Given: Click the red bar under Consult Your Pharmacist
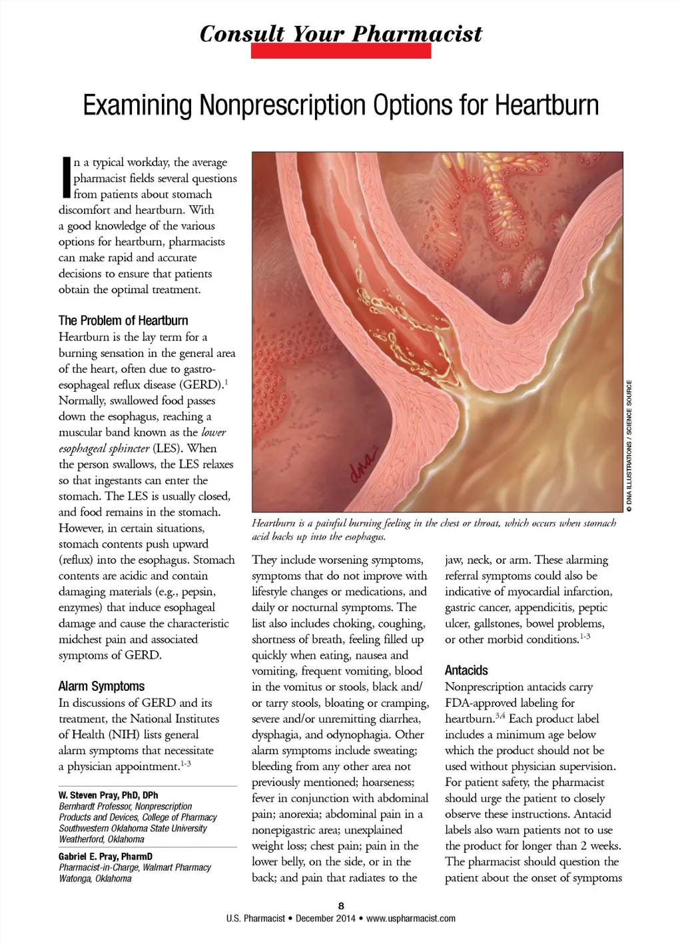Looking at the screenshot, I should (x=340, y=51).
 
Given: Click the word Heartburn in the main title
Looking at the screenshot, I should (x=547, y=105).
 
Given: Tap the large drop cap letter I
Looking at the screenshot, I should (x=66, y=178).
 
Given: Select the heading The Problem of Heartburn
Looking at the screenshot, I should (x=123, y=320).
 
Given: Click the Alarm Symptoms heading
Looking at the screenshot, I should (x=101, y=686).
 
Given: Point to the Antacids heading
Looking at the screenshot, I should (x=466, y=670).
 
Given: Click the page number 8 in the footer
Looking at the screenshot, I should (x=341, y=905).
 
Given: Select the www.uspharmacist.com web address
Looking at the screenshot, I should (x=411, y=918).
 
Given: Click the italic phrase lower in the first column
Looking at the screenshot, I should (x=214, y=432).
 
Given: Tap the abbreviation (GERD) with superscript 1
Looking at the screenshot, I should (x=202, y=384).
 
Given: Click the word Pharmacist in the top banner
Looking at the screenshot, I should (x=417, y=33).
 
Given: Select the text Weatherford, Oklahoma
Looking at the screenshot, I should (x=101, y=839).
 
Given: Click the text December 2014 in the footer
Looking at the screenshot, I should (x=326, y=918).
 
